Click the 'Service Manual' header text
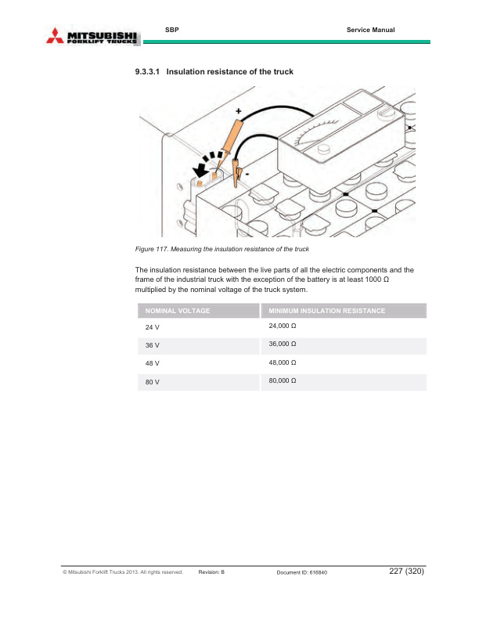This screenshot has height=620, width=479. click(370, 30)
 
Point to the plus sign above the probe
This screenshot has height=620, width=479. click(239, 110)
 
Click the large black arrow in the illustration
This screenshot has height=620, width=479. click(206, 164)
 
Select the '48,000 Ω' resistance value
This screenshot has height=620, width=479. click(282, 363)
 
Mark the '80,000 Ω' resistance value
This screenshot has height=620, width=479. click(282, 381)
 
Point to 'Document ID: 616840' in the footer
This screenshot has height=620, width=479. click(302, 573)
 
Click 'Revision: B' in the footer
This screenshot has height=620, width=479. click(212, 573)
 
